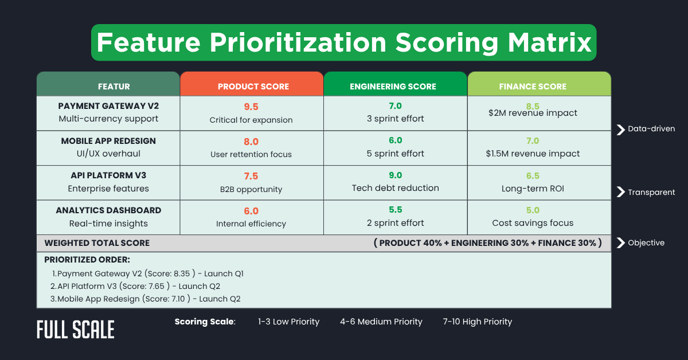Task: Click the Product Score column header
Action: (253, 87)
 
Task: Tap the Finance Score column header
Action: (533, 87)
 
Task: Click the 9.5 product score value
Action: (251, 106)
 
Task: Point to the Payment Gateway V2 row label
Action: (108, 106)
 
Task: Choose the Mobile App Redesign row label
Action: (108, 141)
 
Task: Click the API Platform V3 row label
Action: (108, 176)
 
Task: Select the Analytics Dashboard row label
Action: (108, 210)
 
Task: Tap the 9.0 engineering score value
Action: (395, 176)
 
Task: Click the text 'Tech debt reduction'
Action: (395, 188)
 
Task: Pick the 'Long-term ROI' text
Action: (533, 188)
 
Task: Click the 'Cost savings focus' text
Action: (533, 223)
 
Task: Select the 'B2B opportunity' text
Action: (251, 189)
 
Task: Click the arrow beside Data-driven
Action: (620, 129)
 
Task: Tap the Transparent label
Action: (651, 192)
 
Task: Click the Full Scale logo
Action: (76, 329)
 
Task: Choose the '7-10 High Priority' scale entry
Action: (477, 322)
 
